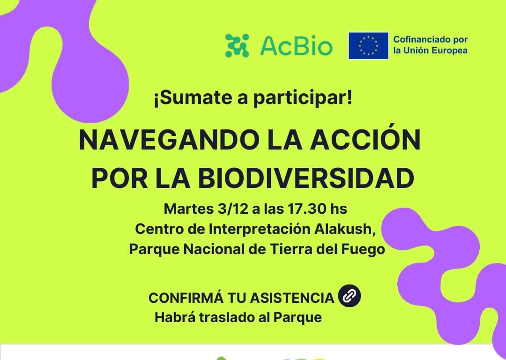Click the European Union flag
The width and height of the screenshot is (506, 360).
[368, 45]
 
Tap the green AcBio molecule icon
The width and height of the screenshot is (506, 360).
[237, 45]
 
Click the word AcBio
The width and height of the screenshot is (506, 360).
[296, 46]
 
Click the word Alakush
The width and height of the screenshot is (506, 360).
[345, 229]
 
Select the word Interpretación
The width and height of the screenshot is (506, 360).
[260, 230]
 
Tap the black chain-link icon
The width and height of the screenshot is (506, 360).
[350, 296]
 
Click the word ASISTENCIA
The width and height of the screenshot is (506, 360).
[292, 298]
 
